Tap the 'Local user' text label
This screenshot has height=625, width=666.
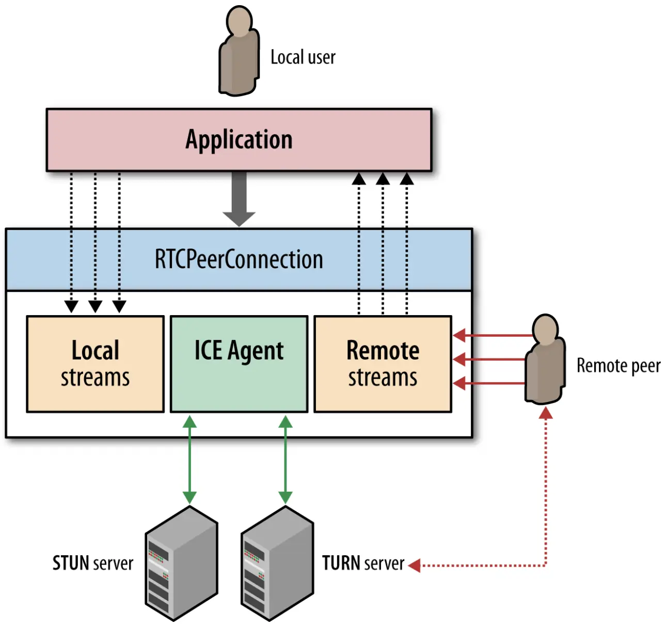coord(303,57)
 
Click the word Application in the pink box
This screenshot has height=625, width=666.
coord(239,139)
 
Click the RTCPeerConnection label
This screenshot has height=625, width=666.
coord(239,259)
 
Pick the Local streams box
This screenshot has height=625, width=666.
coord(95,364)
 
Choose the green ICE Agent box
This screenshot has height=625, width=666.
coord(239,364)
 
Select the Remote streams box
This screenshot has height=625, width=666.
coord(383,364)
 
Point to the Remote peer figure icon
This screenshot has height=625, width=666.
coord(545,359)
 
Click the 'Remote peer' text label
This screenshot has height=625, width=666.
coord(619,366)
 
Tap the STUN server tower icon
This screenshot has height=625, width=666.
coord(182,564)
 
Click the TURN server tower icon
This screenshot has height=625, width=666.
coord(277,564)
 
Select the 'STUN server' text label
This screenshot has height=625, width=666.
coord(93,563)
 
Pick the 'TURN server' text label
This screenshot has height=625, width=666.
coord(363,563)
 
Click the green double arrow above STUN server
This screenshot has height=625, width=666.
coord(190,460)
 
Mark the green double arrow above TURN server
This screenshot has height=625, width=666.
coord(286,460)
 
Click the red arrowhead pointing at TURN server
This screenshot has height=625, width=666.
coord(415,566)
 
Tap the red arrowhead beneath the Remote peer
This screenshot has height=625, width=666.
coord(546,413)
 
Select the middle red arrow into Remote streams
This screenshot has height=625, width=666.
coord(489,359)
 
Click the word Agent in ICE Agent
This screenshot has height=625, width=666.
coord(256,351)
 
